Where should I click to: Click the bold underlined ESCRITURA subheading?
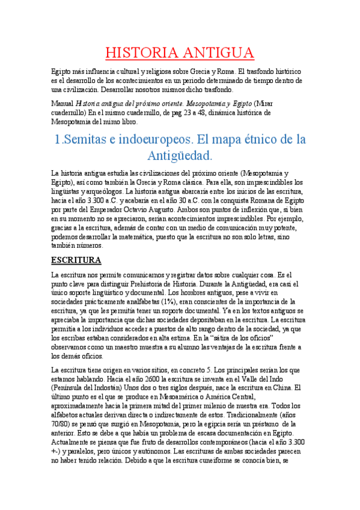(x=76, y=260)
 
